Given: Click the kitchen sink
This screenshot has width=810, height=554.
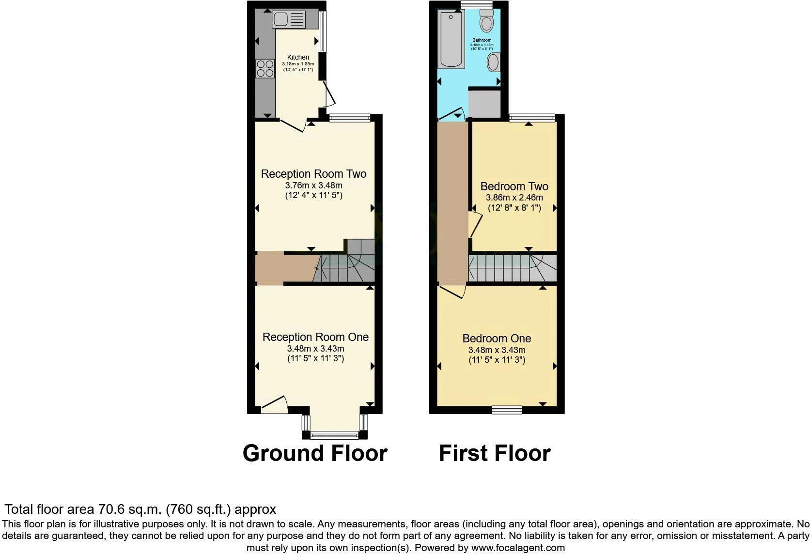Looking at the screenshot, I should pos(289,20).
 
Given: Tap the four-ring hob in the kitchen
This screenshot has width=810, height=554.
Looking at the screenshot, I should pos(265,68).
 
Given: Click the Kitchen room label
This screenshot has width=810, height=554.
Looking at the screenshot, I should pos(298,57).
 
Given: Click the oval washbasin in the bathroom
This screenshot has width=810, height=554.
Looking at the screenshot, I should pos(493,62).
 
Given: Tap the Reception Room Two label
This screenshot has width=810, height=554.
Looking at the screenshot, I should pos(313,174).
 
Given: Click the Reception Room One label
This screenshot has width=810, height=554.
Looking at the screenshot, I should pos(315,337).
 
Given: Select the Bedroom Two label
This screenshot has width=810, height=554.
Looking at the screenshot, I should pos(514,186).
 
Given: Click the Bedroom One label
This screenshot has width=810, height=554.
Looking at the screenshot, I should pos(497,339).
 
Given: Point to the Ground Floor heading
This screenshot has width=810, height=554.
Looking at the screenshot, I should pos(315,453).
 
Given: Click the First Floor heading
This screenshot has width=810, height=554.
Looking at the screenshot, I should pos(495,453).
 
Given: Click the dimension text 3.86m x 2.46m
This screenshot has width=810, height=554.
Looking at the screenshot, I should pos(514,198).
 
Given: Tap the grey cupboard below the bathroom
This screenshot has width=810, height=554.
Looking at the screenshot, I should pos(484,103).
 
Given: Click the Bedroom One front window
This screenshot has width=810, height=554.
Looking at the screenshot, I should pos(507,410).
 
